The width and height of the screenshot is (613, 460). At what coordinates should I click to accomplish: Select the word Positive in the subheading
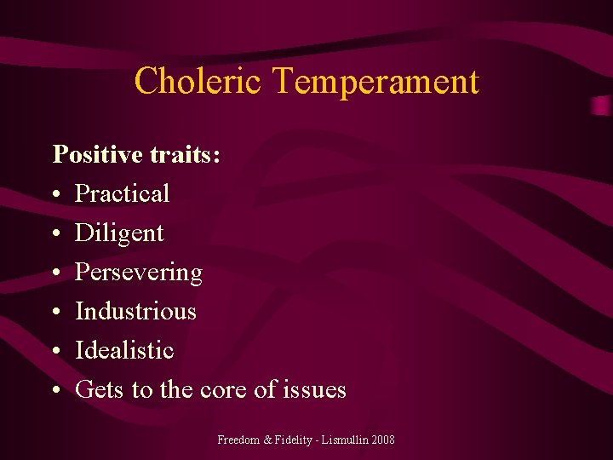(96, 154)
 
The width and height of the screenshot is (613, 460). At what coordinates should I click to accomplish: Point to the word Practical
(123, 193)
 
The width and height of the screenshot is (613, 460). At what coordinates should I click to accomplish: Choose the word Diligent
(119, 233)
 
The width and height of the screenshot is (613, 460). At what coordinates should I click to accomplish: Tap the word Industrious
(135, 312)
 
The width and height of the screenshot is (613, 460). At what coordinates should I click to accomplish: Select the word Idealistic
(124, 350)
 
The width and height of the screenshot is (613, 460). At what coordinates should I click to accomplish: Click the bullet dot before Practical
(54, 195)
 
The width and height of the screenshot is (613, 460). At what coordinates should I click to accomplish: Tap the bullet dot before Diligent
(54, 234)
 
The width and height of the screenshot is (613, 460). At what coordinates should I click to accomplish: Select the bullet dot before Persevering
(54, 273)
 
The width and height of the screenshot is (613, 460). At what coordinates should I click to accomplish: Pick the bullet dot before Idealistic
(54, 352)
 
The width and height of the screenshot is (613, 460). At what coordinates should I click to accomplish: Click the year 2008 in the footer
(382, 440)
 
